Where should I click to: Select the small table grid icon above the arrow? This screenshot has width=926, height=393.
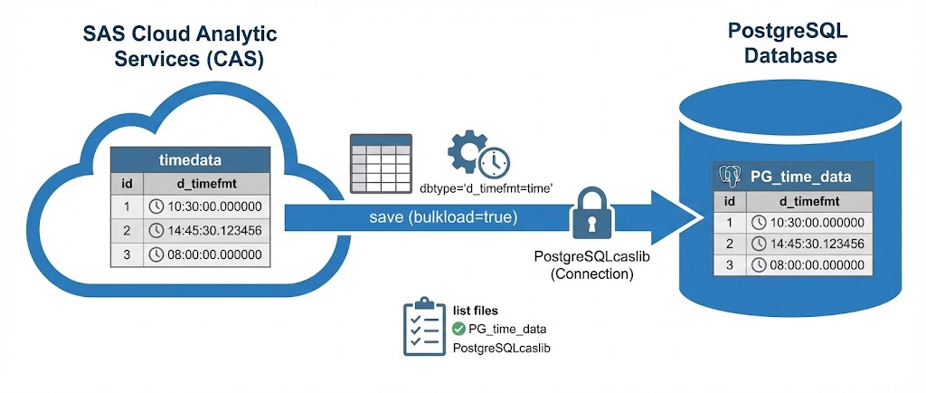[x=381, y=158]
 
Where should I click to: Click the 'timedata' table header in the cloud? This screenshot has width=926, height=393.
[x=191, y=159]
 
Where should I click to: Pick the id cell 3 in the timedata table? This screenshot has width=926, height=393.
[x=128, y=254]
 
